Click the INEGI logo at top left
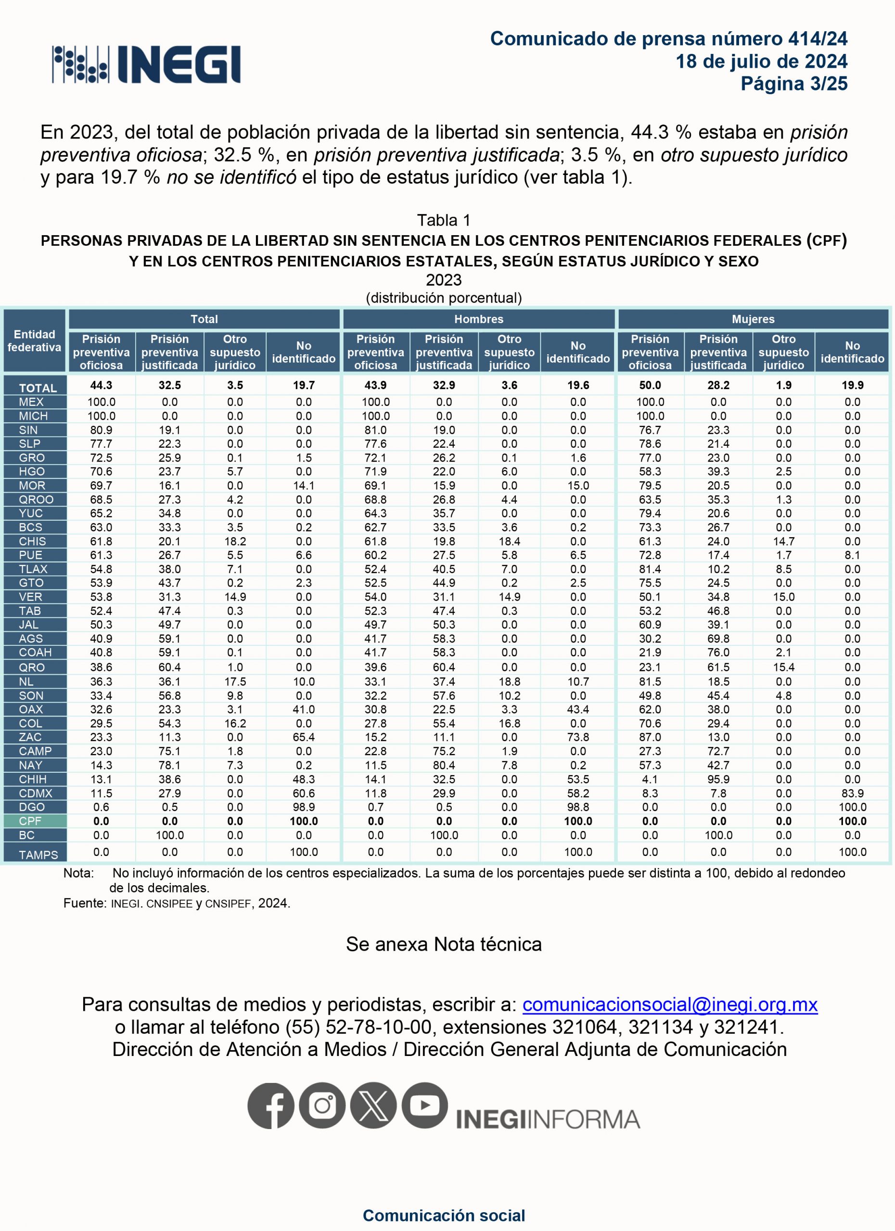(x=146, y=64)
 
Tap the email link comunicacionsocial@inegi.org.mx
(x=670, y=1005)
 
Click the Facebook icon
(x=270, y=1105)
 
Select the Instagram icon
(x=322, y=1105)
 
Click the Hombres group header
(x=478, y=319)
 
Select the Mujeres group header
(x=753, y=319)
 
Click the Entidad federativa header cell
(x=34, y=341)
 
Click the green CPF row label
(x=30, y=821)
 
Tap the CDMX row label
(x=35, y=793)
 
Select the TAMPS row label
(x=38, y=855)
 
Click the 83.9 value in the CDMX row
(x=852, y=793)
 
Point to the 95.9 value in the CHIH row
(x=718, y=779)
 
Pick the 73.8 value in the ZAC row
(x=578, y=737)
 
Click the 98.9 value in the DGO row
(x=304, y=807)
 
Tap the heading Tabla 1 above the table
(x=444, y=220)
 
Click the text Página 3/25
(x=793, y=84)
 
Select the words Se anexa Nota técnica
(x=444, y=944)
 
